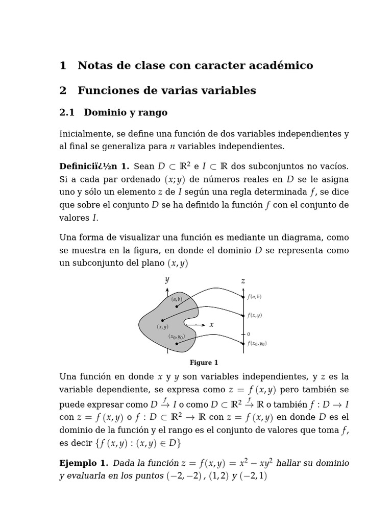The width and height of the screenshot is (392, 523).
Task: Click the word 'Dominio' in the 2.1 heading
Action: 104,112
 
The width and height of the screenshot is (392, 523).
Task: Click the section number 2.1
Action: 67,112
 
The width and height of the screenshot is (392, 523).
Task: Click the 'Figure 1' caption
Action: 204,363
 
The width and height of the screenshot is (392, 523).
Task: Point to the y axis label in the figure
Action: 167,280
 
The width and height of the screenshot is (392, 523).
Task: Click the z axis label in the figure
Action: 243,281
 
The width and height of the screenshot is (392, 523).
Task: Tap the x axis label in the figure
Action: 211,325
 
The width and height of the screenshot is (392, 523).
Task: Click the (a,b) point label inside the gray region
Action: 177,299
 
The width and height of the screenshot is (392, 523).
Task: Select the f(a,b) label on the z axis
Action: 254,297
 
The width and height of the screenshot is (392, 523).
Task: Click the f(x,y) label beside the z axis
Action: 254,316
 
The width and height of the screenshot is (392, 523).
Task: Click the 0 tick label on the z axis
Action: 249,334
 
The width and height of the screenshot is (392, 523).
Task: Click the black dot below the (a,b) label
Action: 177,306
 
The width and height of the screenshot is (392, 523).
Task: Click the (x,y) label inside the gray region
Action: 163,327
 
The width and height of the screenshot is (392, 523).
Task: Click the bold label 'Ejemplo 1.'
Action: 84,463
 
